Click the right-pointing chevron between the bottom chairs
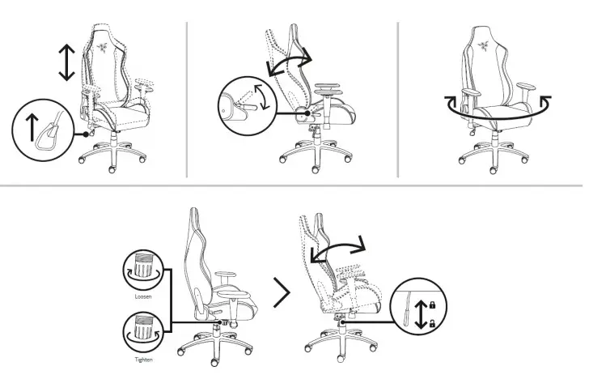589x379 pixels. (282, 292)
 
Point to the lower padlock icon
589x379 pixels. (432, 323)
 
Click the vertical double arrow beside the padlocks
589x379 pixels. (419, 313)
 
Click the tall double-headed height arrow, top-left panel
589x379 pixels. (67, 62)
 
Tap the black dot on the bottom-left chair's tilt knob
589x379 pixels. (218, 320)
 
